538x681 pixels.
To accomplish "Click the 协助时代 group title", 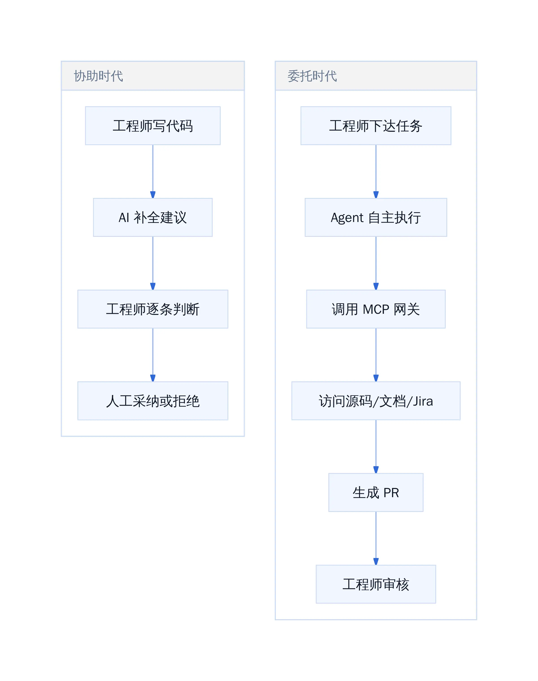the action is click(x=98, y=76).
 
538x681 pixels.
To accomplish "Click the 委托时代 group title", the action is click(x=312, y=76).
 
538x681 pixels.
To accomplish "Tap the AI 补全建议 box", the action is click(x=153, y=217).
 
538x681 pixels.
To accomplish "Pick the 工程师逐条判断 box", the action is click(x=153, y=309).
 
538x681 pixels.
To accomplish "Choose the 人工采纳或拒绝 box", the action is click(x=153, y=401).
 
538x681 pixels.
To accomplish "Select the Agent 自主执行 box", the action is click(x=376, y=217).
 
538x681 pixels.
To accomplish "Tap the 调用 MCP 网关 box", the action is click(x=376, y=309).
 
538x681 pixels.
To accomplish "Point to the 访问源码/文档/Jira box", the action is click(x=376, y=401).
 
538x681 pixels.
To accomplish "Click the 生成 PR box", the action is click(x=376, y=492).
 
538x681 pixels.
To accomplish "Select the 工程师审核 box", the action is click(x=376, y=584).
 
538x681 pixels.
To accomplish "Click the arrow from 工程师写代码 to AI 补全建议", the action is click(x=153, y=171).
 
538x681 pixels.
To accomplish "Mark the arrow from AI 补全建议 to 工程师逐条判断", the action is click(x=153, y=263).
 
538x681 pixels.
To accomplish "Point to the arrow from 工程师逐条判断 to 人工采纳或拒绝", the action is click(x=153, y=355).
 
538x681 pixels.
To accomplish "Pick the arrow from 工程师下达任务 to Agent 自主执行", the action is click(x=376, y=171).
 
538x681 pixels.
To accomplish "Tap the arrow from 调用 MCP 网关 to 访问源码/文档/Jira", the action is click(x=376, y=355).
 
